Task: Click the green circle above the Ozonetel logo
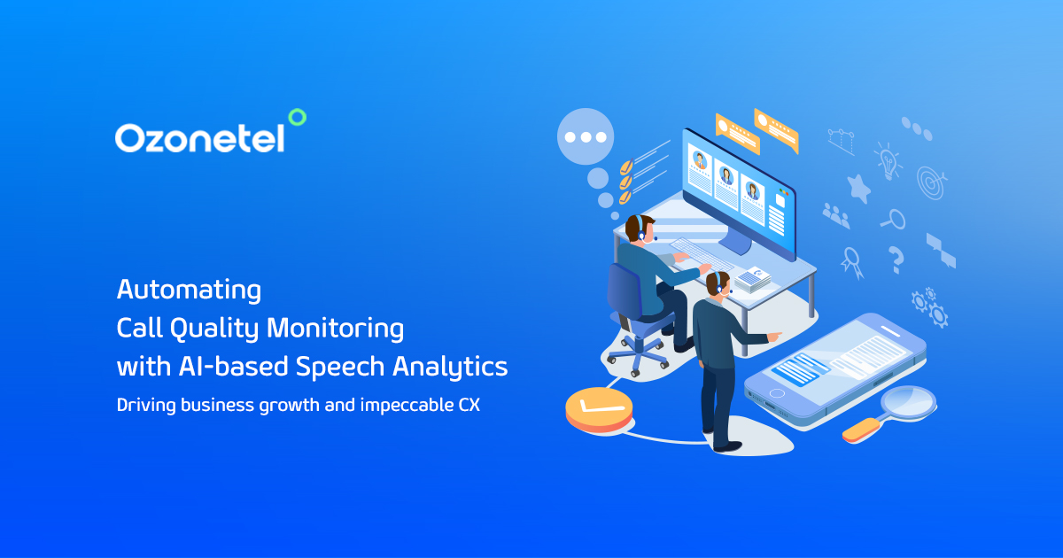tap(298, 117)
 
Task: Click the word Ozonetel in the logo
tap(200, 138)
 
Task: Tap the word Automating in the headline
tap(189, 290)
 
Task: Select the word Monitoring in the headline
tap(335, 329)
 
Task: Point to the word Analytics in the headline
tap(450, 367)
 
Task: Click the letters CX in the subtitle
tap(469, 405)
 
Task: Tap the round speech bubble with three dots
tap(586, 136)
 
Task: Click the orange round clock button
tap(599, 409)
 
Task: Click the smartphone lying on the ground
tap(835, 369)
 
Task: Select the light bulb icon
tap(888, 160)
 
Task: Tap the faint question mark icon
tap(896, 260)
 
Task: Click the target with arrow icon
tap(931, 182)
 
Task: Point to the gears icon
tap(929, 307)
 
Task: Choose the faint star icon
tap(859, 189)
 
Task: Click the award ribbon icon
tap(852, 263)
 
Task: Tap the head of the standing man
tap(717, 283)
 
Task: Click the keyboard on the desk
tap(702, 254)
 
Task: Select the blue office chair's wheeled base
tap(638, 353)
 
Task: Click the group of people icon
tap(836, 215)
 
